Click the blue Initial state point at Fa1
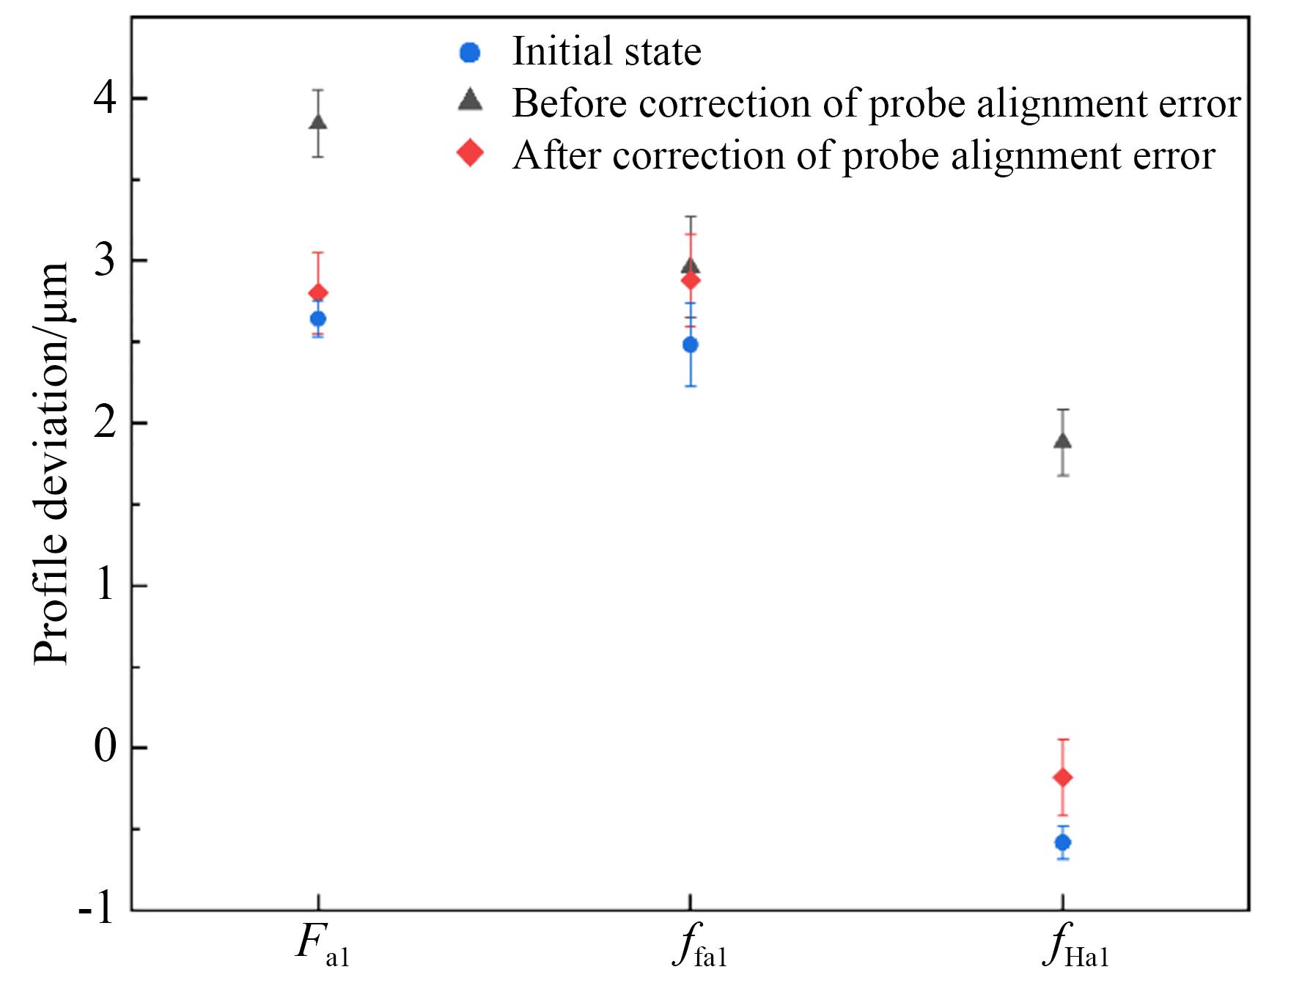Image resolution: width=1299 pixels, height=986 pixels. [x=318, y=319]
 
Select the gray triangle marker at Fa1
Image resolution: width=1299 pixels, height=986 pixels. [x=318, y=122]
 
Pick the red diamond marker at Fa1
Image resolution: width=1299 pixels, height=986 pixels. [x=318, y=293]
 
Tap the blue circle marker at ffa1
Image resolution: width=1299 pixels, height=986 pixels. [x=690, y=345]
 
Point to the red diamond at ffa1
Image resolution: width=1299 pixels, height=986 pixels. [x=690, y=280]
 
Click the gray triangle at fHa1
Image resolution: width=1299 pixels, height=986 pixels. [x=1062, y=441]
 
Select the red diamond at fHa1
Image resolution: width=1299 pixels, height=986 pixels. [x=1062, y=777]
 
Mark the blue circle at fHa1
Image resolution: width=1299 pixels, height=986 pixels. [x=1062, y=842]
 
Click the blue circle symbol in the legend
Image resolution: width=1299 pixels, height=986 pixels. [x=470, y=53]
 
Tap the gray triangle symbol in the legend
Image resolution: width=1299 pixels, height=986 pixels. [x=470, y=100]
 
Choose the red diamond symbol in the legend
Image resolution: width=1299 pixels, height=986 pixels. [x=470, y=153]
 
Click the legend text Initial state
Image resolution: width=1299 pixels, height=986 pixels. [x=606, y=52]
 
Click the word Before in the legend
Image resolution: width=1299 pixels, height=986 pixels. [x=569, y=103]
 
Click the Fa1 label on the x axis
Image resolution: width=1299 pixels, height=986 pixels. [x=322, y=945]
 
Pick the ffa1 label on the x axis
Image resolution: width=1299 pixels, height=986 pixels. [x=698, y=946]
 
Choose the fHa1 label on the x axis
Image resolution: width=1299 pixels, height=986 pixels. [x=1075, y=946]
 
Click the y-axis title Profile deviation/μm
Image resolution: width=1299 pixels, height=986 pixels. [x=51, y=463]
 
